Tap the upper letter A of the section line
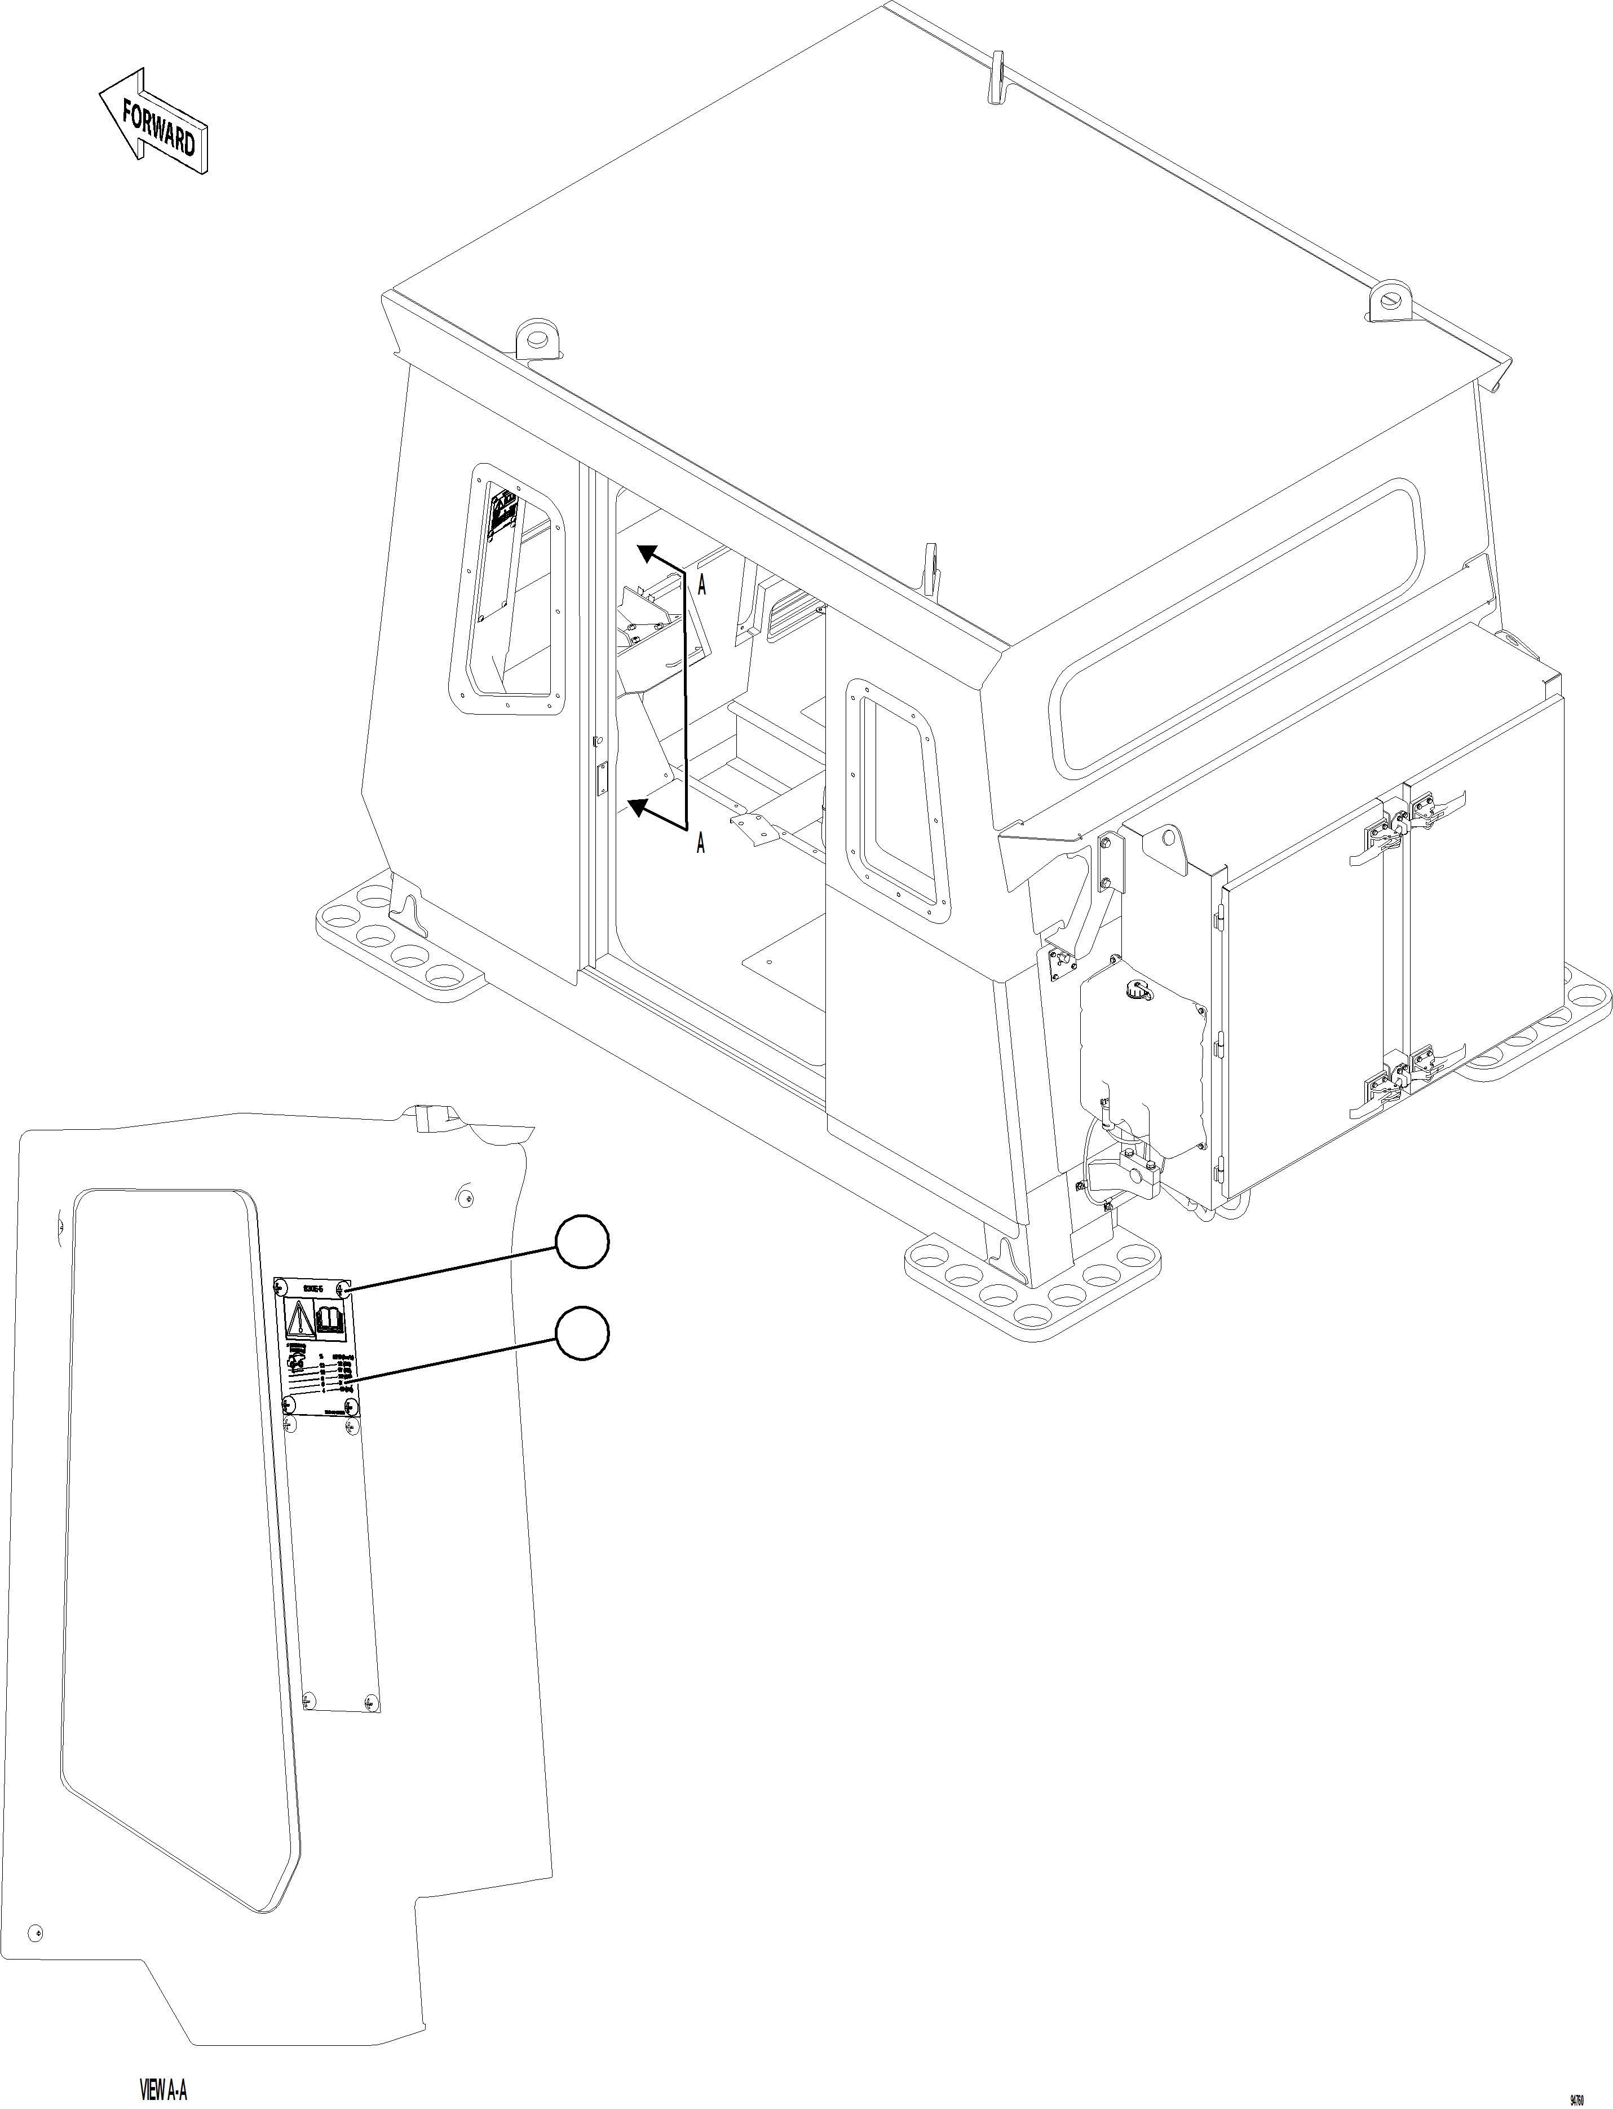[702, 586]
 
